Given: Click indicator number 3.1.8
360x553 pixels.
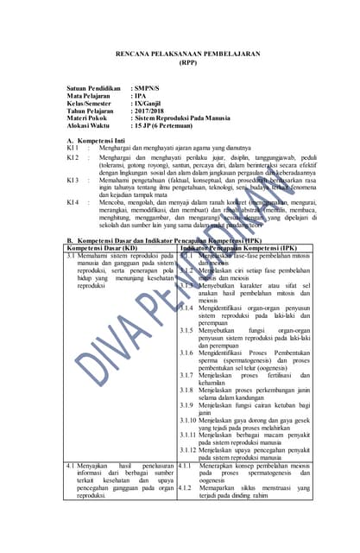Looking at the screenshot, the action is point(186,389).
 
